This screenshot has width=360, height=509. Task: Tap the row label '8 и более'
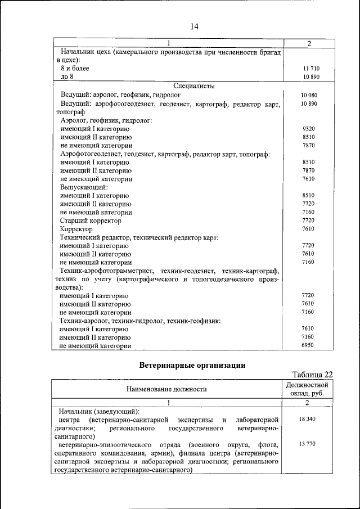[x=75, y=68]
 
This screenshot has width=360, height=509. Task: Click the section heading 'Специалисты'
[x=194, y=86]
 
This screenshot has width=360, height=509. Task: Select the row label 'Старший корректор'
[x=90, y=220]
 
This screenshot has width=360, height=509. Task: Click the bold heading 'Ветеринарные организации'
[x=192, y=365]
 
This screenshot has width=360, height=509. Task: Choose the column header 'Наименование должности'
[x=166, y=389]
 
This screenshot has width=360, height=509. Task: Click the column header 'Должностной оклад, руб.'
[x=307, y=389]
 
